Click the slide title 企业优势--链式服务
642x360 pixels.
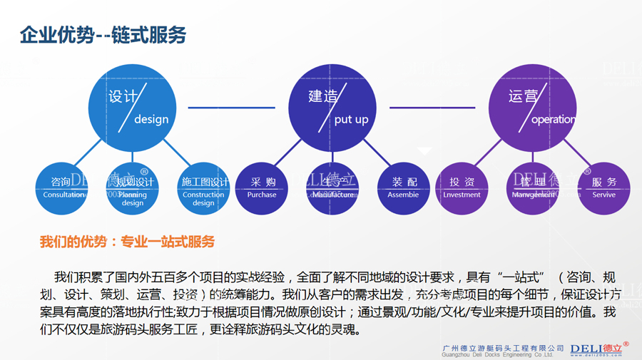click(x=103, y=35)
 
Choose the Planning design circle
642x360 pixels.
click(x=133, y=188)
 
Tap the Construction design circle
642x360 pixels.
click(x=203, y=188)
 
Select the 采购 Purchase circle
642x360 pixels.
click(x=262, y=188)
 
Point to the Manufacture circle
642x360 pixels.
click(x=332, y=188)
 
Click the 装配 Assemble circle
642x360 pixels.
click(x=403, y=188)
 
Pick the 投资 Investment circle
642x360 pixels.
click(x=462, y=188)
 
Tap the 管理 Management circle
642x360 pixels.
click(x=533, y=188)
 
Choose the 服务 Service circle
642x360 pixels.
click(x=603, y=188)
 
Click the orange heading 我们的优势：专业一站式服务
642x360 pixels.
click(x=127, y=242)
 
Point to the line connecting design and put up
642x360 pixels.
click(x=231, y=108)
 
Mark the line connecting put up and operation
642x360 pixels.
click(x=432, y=108)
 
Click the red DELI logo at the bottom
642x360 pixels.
click(x=599, y=348)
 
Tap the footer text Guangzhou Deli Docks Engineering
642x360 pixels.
click(x=497, y=354)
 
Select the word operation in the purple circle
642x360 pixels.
click(x=554, y=119)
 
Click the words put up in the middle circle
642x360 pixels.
click(x=351, y=119)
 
